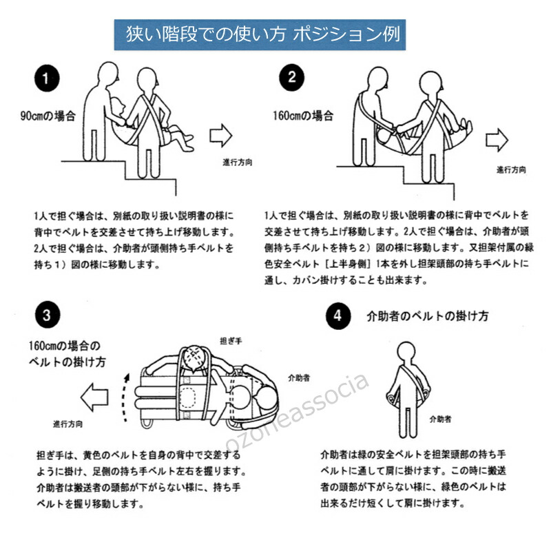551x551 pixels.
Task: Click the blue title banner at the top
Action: coord(262,34)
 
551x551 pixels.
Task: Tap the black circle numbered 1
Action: coord(46,79)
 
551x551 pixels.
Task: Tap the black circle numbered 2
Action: coord(291,77)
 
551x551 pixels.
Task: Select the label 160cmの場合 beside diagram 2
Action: coord(301,116)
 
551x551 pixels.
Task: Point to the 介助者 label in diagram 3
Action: coord(298,377)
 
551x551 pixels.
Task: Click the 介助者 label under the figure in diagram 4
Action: coord(440,418)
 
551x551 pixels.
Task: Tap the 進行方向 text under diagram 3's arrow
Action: coord(69,423)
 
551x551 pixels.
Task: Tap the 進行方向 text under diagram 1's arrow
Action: coord(237,162)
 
